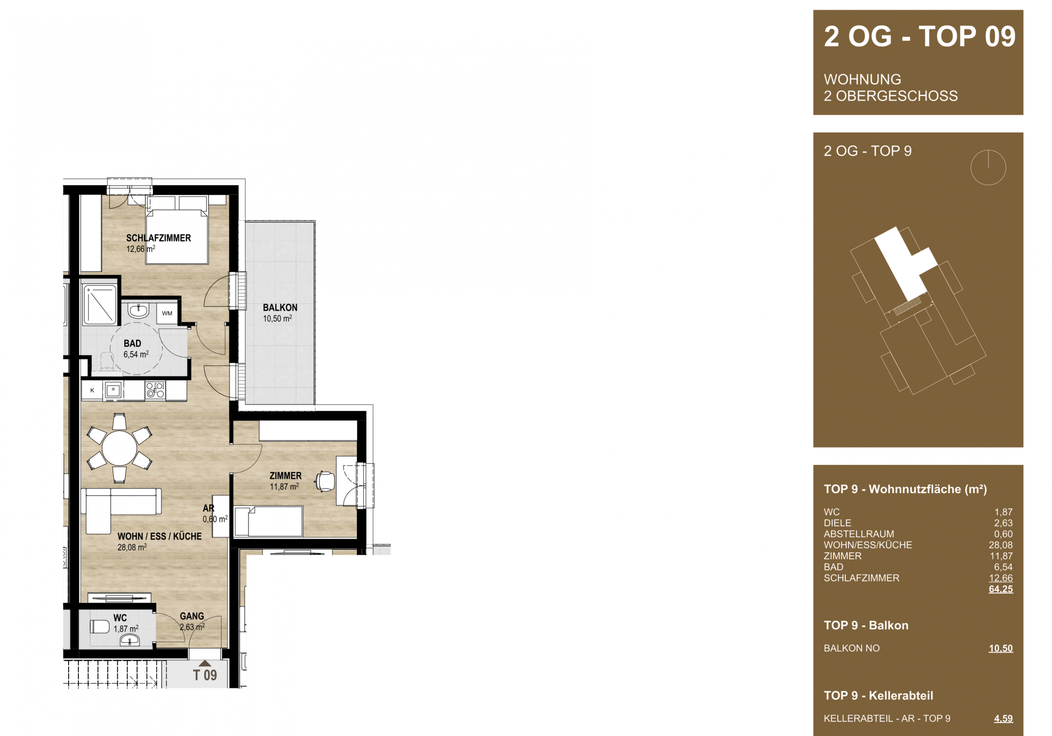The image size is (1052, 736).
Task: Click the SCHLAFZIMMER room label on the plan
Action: [x=159, y=238]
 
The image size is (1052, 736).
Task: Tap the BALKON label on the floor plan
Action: [x=280, y=308]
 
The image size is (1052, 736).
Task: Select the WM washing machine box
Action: [x=167, y=314]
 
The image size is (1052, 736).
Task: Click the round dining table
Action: [x=120, y=448]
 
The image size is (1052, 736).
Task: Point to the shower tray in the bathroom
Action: [x=100, y=305]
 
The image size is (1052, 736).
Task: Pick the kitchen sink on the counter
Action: [x=113, y=391]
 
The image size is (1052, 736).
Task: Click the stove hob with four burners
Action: [x=155, y=391]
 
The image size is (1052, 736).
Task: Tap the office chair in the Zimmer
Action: [x=324, y=481]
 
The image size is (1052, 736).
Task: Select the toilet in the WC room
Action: [x=99, y=626]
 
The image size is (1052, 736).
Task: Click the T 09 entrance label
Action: [x=205, y=676]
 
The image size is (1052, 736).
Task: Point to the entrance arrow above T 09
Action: [x=205, y=663]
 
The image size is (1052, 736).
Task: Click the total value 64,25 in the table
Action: [x=1001, y=589]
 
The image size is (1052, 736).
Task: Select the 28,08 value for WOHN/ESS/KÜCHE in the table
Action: [x=1001, y=545]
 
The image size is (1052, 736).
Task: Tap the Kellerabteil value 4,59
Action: [x=1004, y=719]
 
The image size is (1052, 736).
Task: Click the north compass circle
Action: [x=988, y=168]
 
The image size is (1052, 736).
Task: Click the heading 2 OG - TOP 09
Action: [x=920, y=37]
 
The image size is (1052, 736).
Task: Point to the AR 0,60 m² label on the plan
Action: [x=215, y=514]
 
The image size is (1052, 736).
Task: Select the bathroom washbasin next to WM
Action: [x=138, y=311]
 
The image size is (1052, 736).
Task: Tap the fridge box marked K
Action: [x=92, y=391]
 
